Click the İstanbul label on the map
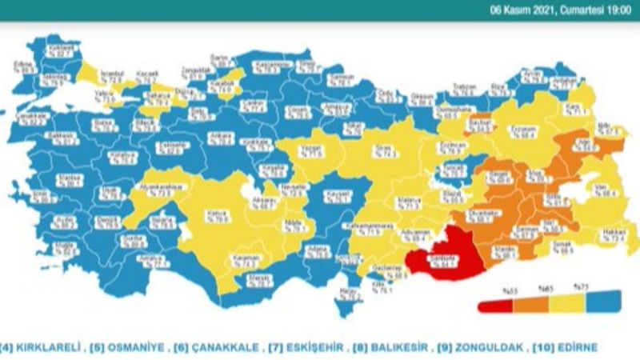point(113,77)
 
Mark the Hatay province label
point(346,292)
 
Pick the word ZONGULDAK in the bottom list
point(494,348)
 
